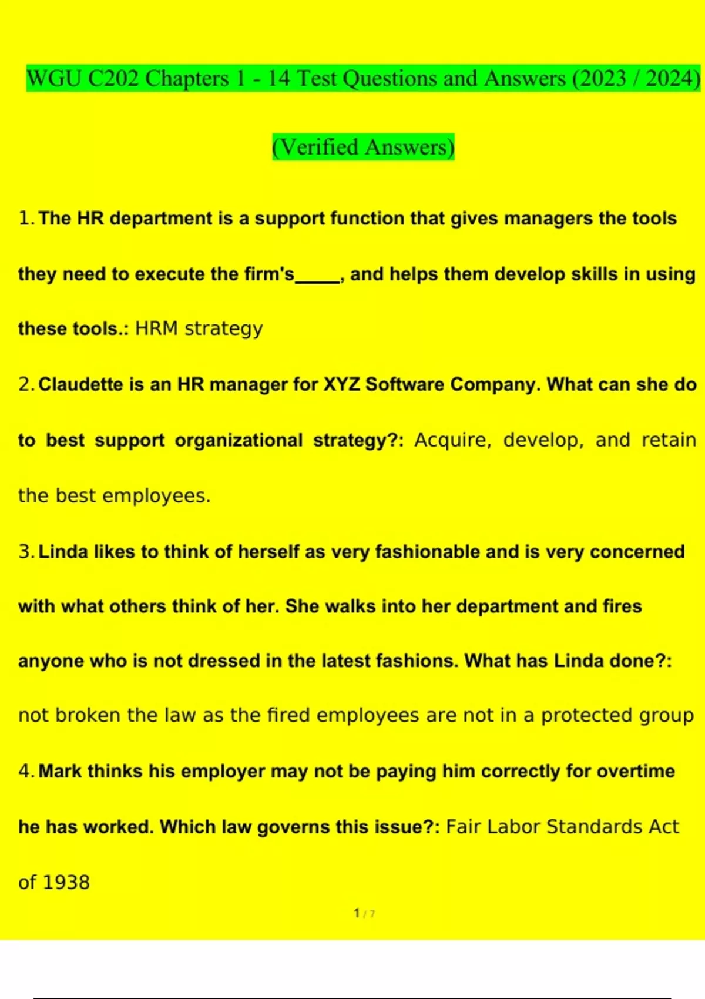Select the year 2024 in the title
click(x=669, y=79)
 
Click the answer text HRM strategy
click(x=199, y=328)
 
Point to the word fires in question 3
click(x=622, y=606)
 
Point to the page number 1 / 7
click(x=364, y=913)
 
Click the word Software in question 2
click(x=405, y=384)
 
